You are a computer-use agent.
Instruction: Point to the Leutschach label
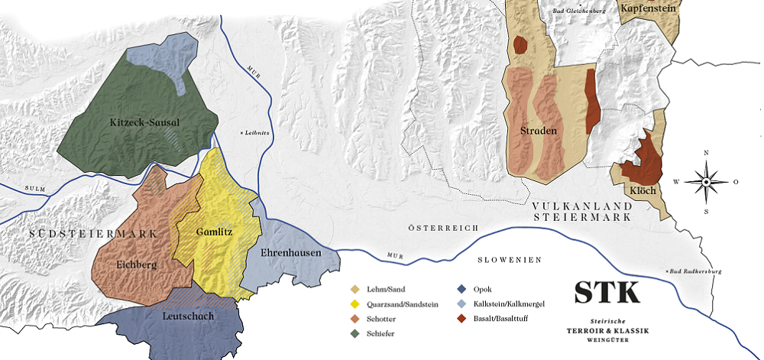[188, 315]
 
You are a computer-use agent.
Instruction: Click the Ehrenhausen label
[291, 252]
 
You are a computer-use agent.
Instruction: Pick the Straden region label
[538, 131]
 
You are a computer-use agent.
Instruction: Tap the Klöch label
[643, 190]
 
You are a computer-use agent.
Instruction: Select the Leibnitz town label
[257, 133]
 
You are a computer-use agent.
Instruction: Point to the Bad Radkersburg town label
[696, 271]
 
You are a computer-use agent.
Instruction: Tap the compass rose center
[706, 182]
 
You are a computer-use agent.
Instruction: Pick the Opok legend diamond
[461, 289]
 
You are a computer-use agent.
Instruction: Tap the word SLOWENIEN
[510, 260]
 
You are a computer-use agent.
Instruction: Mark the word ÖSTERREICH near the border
[443, 229]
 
